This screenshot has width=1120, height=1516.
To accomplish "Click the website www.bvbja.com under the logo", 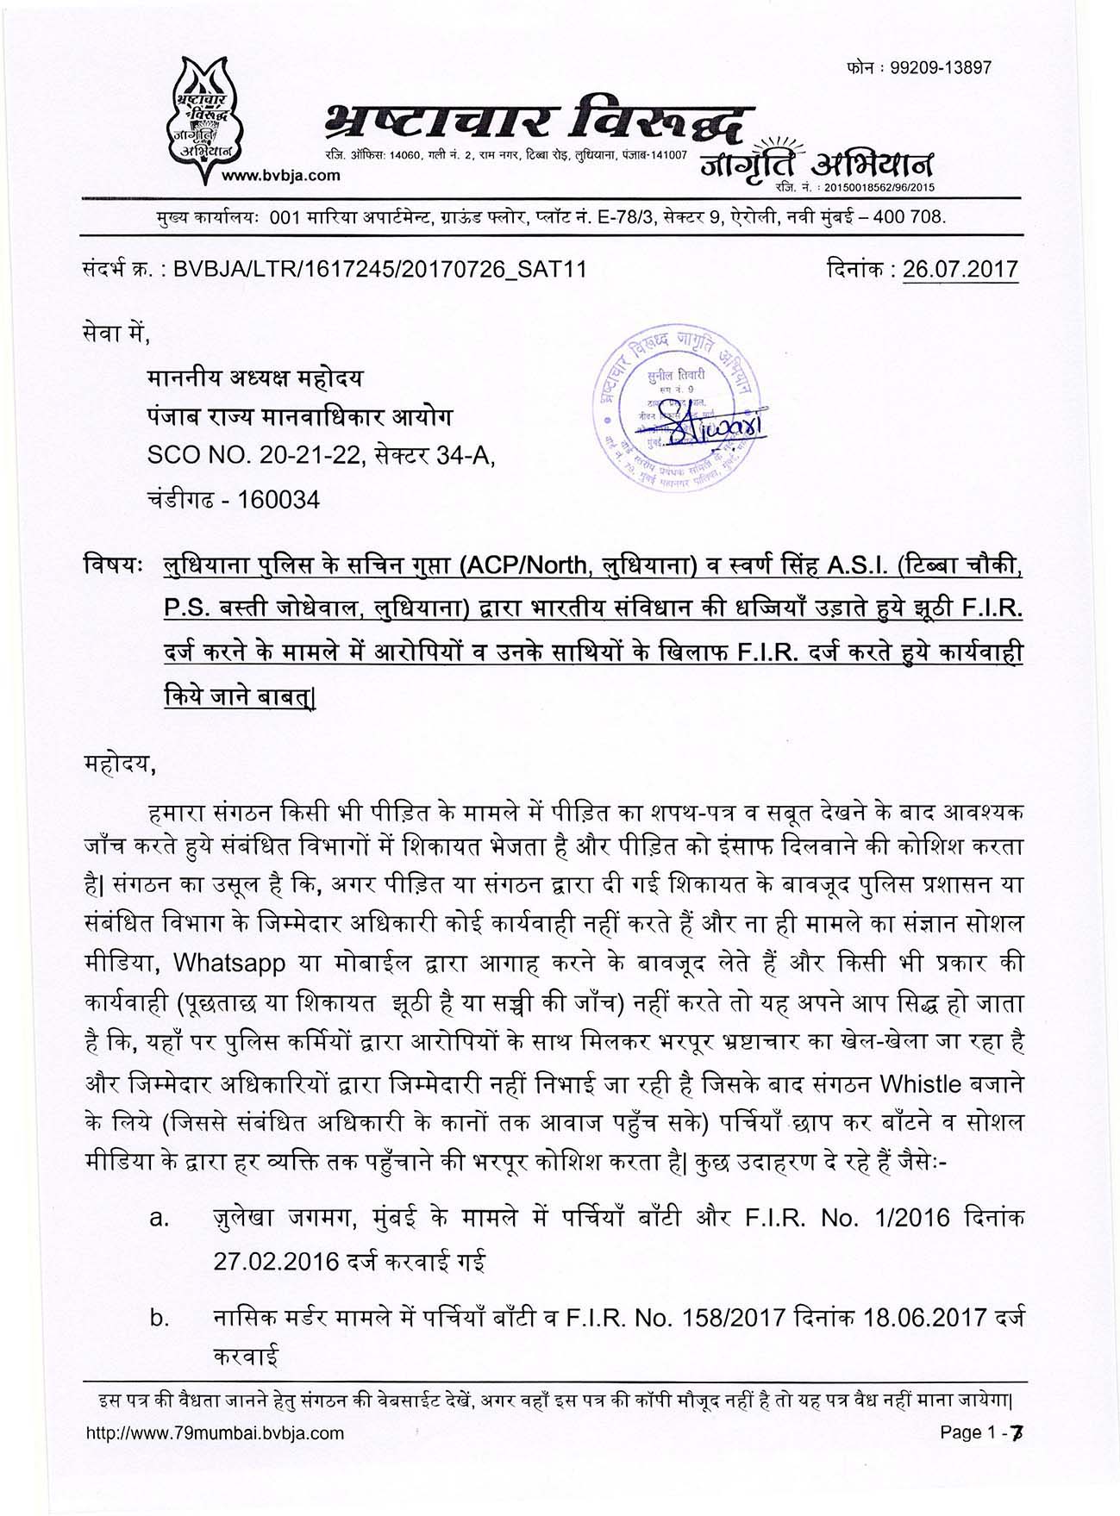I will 280,176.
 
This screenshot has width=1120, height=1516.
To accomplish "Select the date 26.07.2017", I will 960,270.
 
